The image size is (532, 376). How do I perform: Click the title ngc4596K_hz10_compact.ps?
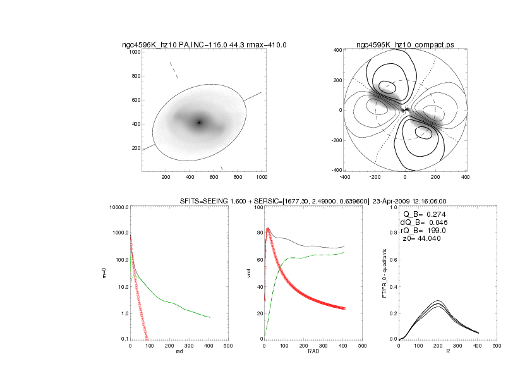(405, 45)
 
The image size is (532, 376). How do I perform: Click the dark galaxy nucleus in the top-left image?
(199, 123)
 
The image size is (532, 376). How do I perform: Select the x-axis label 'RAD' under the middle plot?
(313, 352)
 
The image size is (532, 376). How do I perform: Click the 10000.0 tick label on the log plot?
(118, 207)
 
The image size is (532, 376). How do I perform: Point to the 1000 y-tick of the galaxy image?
(134, 52)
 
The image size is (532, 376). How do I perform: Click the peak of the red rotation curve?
(268, 230)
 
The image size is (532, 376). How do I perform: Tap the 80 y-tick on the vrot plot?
(258, 234)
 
